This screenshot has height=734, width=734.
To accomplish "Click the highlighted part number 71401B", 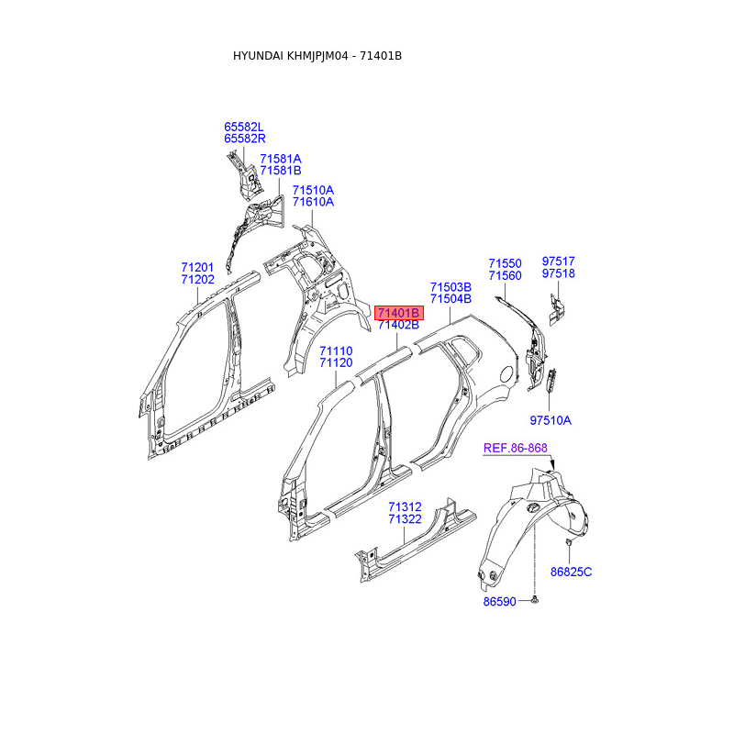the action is point(398,313).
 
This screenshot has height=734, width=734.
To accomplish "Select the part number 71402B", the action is point(398,325).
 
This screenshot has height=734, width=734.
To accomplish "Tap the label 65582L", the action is point(244,127).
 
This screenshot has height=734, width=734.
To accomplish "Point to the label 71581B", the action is point(280,171).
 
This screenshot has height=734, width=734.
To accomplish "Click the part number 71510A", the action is point(313,190).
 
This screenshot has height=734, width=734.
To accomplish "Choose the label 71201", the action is point(197,267).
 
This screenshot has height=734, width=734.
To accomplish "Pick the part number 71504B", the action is point(450,298).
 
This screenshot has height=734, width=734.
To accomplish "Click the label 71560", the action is point(505,275).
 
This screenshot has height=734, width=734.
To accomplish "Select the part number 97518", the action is point(558,273).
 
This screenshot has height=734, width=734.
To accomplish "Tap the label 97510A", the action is point(550,420).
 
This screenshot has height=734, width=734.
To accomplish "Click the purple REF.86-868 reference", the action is point(516,448).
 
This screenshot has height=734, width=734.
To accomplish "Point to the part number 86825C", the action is point(572,572).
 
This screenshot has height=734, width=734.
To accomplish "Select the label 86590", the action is point(502,602).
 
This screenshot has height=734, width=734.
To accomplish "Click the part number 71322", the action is point(405,519).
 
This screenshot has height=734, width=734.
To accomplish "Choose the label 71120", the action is point(336,363).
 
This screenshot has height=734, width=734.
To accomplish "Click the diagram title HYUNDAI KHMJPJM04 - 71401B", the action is point(317,56).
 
